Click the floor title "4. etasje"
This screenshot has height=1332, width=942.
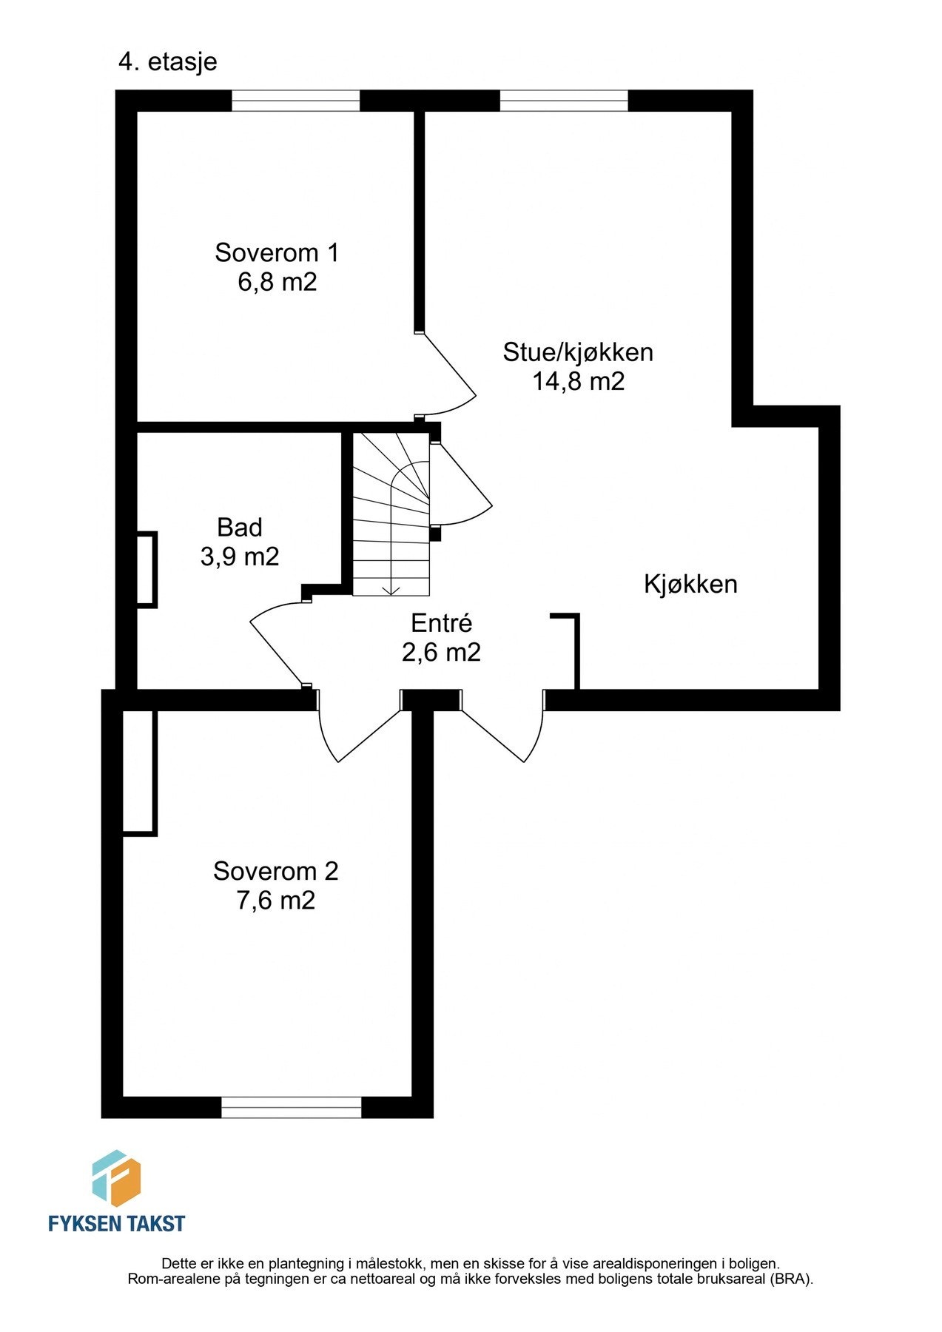[167, 61]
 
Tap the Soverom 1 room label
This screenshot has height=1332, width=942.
[277, 253]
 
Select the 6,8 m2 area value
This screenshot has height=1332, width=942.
[277, 283]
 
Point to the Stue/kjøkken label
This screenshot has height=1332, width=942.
[578, 351]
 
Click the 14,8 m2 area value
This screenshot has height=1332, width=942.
[578, 381]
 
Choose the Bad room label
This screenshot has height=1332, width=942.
[240, 527]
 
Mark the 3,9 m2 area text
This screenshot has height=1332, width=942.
[240, 556]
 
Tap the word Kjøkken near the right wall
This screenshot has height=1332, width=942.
[690, 584]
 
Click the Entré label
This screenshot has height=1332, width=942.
[441, 623]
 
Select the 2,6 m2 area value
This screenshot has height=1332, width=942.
[441, 652]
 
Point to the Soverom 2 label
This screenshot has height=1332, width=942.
[276, 871]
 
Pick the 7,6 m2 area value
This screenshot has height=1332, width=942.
[276, 901]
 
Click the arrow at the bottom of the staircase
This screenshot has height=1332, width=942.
[391, 589]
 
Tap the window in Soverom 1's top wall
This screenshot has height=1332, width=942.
[296, 101]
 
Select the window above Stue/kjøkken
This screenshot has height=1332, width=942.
[564, 101]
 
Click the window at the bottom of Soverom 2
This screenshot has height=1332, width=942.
[291, 1107]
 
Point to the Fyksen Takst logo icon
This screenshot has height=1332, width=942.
[116, 1179]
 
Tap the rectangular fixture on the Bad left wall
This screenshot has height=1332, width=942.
[147, 570]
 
